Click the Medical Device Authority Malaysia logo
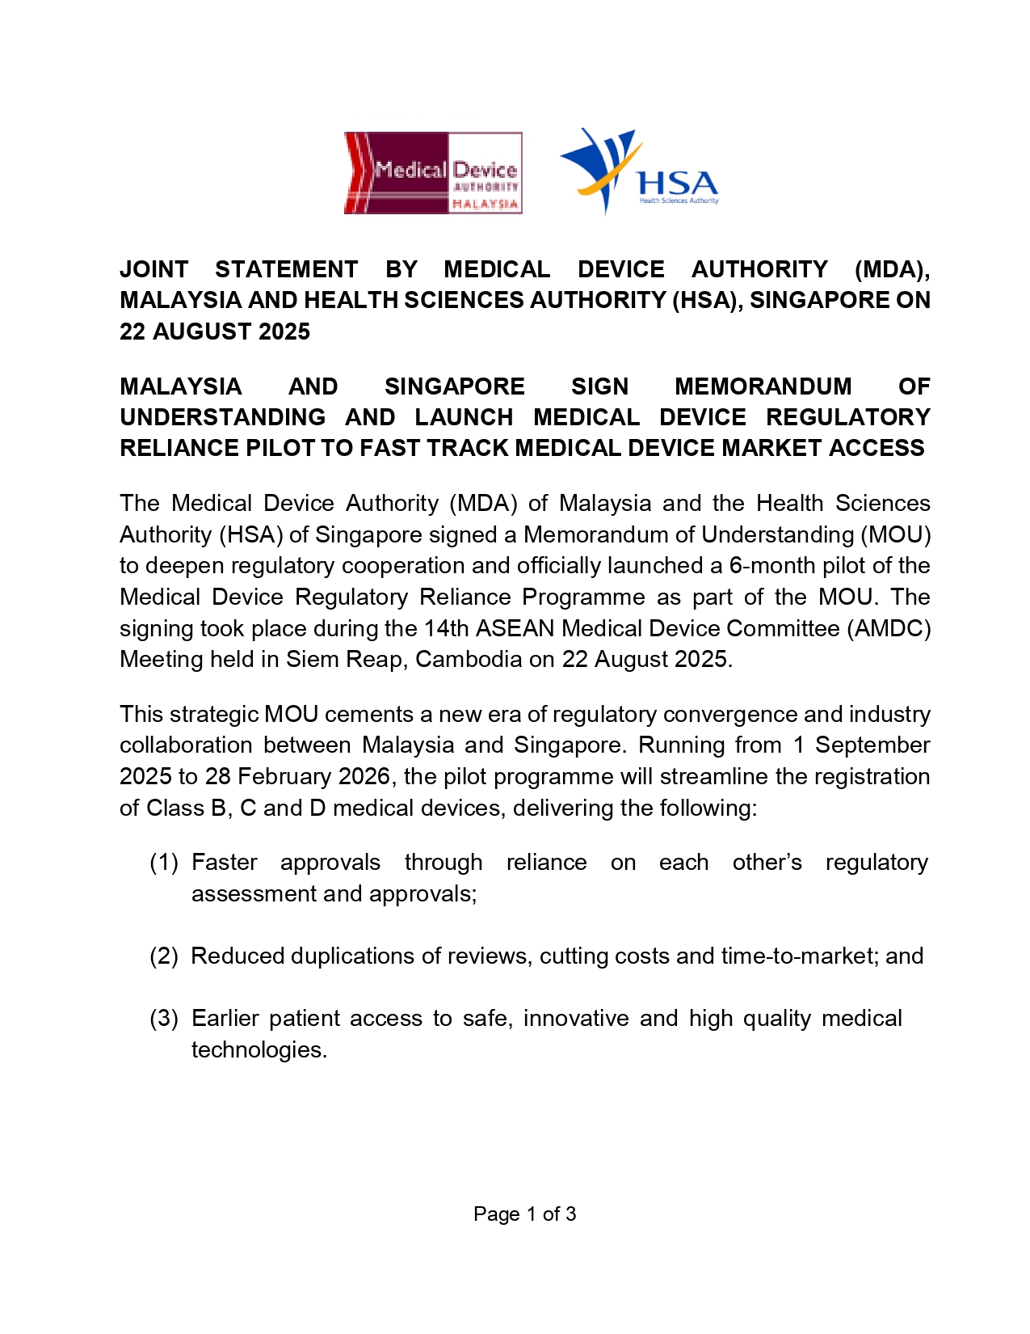point(433,173)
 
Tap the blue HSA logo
point(639,171)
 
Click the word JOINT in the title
point(154,269)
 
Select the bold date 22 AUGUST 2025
point(215,331)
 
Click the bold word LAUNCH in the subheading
point(464,417)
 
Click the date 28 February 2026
point(298,777)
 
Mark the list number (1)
point(164,863)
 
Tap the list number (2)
point(164,956)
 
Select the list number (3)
point(164,1019)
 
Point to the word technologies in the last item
point(258,1050)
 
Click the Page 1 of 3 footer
point(524,1214)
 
